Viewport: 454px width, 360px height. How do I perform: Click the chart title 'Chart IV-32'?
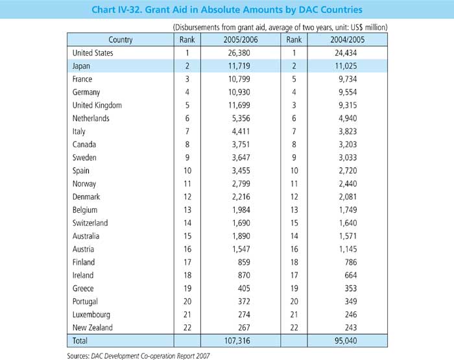227,10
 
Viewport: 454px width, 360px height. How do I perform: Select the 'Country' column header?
121,40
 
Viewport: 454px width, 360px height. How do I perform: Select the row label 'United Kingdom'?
99,105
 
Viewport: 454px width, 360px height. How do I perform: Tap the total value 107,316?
231,341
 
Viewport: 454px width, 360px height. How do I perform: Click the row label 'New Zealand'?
93,328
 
